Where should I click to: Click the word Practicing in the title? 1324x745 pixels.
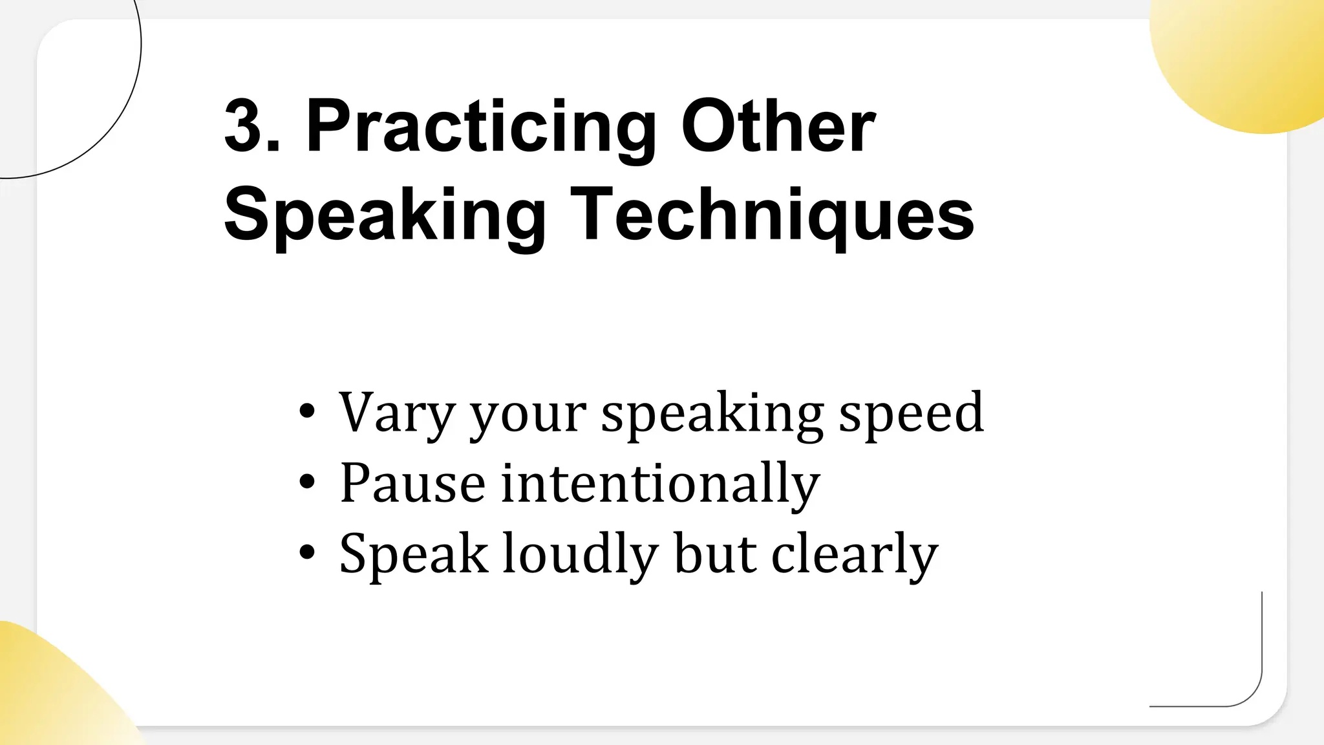(481, 127)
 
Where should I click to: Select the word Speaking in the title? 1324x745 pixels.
(385, 215)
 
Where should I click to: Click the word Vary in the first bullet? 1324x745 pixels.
(396, 413)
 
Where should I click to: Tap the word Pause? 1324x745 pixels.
(412, 483)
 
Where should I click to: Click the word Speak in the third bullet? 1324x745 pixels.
(414, 554)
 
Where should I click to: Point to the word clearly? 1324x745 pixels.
(854, 554)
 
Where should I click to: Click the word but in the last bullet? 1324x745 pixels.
(715, 554)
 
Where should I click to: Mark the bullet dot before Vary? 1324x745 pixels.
(308, 411)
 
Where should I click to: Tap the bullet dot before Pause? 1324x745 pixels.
(308, 482)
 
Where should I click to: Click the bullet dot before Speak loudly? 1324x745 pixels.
(308, 552)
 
